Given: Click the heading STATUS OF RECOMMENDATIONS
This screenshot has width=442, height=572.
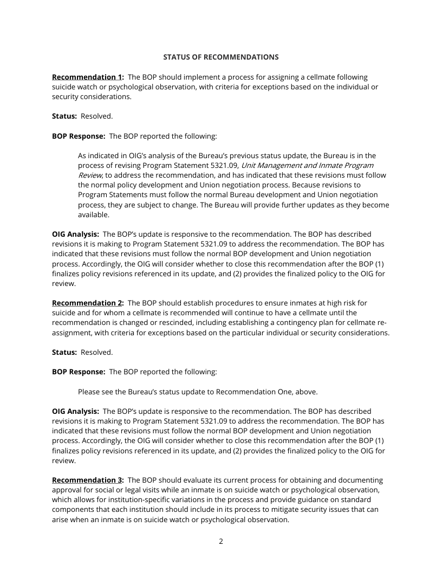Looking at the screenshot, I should (221, 57).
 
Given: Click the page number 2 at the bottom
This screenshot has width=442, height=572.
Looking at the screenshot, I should (221, 541).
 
